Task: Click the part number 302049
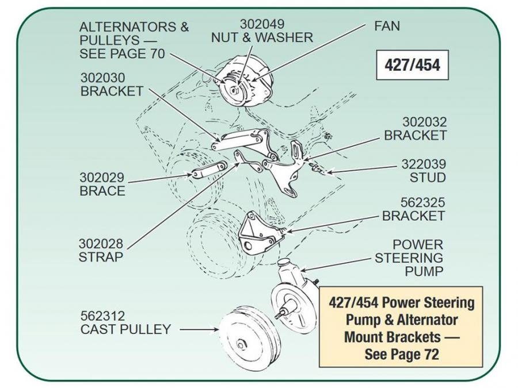tap(261, 25)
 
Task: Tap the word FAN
tap(387, 26)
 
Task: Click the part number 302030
tap(102, 78)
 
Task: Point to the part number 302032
tap(424, 122)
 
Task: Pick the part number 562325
tap(424, 203)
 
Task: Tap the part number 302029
tap(102, 178)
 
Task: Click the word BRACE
tap(102, 191)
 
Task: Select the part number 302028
tap(101, 244)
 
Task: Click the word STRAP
tap(101, 257)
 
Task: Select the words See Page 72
tap(401, 354)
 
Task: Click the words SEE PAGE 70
tap(123, 54)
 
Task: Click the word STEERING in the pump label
tap(409, 258)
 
